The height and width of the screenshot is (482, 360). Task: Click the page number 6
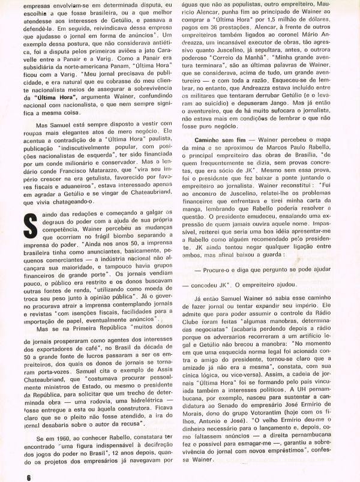11,476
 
